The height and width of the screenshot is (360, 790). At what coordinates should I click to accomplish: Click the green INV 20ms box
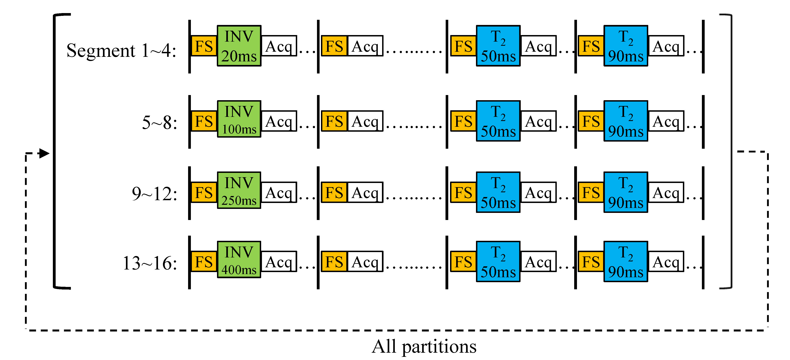click(x=239, y=46)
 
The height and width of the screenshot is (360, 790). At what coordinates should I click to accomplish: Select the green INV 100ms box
click(x=239, y=119)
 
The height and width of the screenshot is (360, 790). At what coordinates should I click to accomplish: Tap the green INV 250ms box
click(x=239, y=190)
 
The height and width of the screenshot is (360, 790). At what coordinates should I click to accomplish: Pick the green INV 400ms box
click(x=239, y=260)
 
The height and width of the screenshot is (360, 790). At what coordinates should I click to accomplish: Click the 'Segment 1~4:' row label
click(x=121, y=51)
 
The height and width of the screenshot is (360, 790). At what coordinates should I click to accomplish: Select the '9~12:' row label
click(x=154, y=194)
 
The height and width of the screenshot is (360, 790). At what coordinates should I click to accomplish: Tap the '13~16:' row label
click(x=150, y=263)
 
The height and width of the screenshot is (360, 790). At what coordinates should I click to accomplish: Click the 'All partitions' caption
click(x=424, y=347)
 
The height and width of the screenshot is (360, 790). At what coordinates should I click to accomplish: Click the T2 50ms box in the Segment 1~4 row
click(x=498, y=46)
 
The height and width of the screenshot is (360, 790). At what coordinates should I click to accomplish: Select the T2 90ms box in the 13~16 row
click(x=626, y=262)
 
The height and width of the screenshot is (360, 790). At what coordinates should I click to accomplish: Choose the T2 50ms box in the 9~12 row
click(x=498, y=192)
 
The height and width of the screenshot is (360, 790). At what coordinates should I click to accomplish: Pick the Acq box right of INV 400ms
click(x=279, y=262)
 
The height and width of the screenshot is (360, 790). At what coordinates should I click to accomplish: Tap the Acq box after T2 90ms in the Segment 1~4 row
click(x=666, y=46)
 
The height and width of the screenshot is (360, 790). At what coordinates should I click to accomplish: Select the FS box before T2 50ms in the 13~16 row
click(x=463, y=262)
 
